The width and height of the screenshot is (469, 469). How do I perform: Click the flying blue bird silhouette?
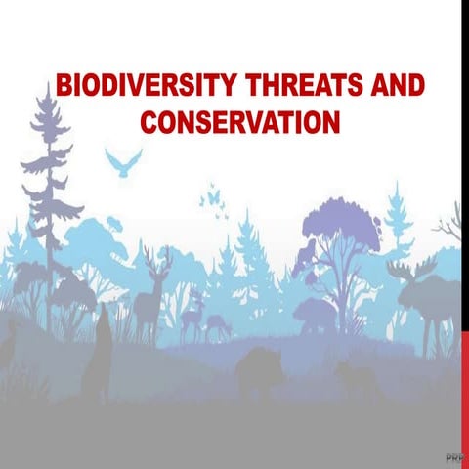point(123,162)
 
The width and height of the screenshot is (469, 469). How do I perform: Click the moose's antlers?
point(408,269)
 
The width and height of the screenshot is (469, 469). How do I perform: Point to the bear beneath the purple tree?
point(315,316)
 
